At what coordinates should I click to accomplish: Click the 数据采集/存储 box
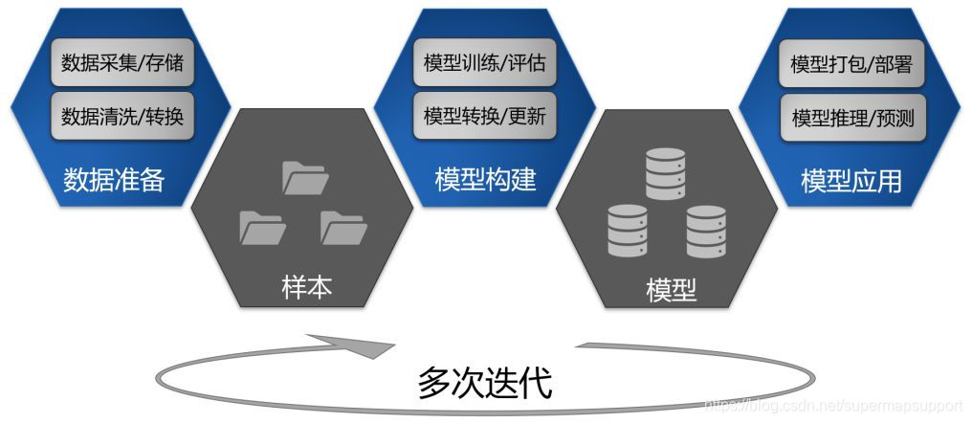(x=121, y=64)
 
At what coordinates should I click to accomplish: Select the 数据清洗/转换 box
(x=121, y=117)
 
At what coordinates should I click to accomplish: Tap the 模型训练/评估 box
(x=485, y=64)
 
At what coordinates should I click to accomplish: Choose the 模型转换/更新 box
(x=485, y=117)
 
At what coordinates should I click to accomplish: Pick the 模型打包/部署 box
(x=851, y=64)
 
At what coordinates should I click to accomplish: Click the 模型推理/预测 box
(x=851, y=117)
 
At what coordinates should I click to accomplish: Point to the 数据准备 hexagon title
(x=114, y=179)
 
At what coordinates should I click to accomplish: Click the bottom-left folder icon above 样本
(x=262, y=229)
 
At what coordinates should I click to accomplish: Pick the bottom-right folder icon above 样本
(x=342, y=228)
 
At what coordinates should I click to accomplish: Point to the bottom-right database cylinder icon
(x=709, y=231)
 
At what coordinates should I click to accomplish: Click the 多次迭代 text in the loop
(x=485, y=382)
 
